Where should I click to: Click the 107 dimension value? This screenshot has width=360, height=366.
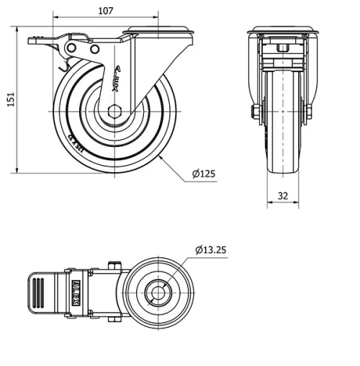pos(106,11)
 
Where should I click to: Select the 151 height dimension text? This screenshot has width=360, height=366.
pos(9,100)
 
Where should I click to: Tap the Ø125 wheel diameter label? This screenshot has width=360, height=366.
pos(204,174)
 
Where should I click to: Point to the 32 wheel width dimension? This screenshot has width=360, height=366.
pos(282,195)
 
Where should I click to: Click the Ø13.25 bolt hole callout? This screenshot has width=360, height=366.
pos(212,250)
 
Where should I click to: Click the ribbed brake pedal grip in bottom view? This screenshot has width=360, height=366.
pos(37,293)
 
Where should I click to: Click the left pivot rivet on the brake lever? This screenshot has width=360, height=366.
pos(71,48)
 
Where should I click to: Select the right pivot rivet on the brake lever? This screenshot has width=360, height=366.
pos(94,48)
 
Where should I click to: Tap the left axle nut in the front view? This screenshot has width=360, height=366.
pos(254,112)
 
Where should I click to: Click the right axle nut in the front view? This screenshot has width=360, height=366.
pos(310,112)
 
